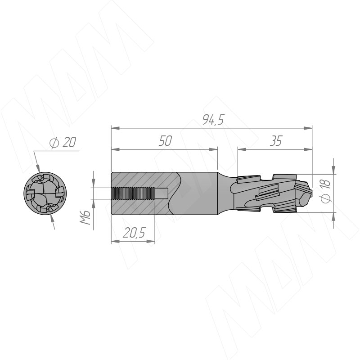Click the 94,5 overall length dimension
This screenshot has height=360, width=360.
click(213, 120)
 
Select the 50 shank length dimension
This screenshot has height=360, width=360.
click(165, 141)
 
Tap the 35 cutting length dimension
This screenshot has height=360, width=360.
click(276, 141)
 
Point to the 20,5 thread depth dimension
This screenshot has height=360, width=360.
click(134, 233)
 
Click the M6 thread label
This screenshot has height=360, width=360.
click(85, 217)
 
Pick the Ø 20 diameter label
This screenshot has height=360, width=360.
click(63, 143)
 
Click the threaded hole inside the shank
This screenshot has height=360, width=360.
click(139, 193)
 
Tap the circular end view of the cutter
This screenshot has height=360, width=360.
click(45, 193)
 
